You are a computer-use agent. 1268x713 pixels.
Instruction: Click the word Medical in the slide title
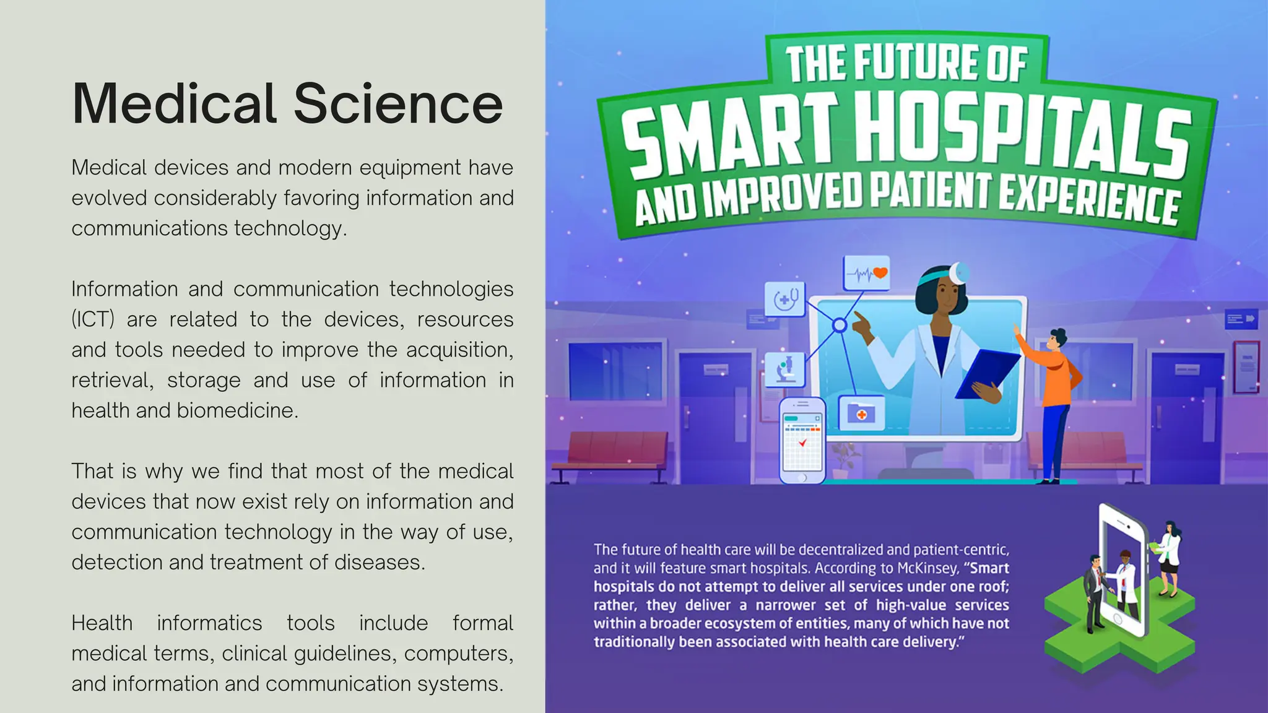pyautogui.click(x=174, y=103)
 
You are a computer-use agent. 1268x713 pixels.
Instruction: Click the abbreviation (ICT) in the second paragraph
pyautogui.click(x=93, y=319)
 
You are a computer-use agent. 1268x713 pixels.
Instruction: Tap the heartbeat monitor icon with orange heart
pyautogui.click(x=867, y=273)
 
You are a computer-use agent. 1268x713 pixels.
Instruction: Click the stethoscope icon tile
pyautogui.click(x=785, y=299)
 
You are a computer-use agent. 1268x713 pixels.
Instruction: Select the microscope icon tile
pyautogui.click(x=785, y=369)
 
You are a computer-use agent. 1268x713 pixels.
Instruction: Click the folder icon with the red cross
pyautogui.click(x=861, y=413)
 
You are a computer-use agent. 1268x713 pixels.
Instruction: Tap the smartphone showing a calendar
pyautogui.click(x=802, y=440)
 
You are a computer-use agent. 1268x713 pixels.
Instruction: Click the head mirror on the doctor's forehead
pyautogui.click(x=960, y=272)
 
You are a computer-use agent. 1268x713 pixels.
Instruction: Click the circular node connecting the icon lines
pyautogui.click(x=840, y=325)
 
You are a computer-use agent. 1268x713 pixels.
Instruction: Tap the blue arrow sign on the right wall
pyautogui.click(x=1241, y=319)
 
